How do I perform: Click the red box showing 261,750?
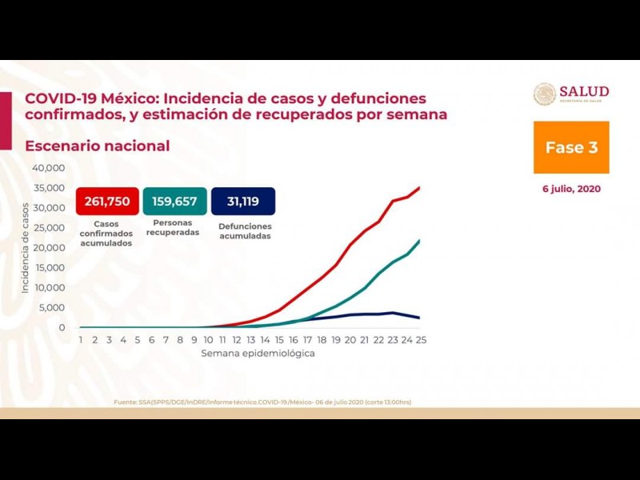point(106,201)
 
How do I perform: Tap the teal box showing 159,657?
point(174,201)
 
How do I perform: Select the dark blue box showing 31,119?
point(243,201)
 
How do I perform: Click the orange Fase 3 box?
point(571,147)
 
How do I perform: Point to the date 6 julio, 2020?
point(570,190)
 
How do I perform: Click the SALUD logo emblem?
point(545,94)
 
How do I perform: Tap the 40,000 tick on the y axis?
point(48,168)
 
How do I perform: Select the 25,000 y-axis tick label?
point(48,228)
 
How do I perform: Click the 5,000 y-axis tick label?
point(51,308)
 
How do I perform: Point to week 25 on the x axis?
point(420,340)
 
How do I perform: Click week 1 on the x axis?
point(81,340)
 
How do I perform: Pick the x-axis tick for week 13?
point(250,340)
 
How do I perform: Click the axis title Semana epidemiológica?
point(258,353)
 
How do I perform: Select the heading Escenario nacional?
point(98,146)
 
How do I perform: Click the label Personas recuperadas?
point(174,229)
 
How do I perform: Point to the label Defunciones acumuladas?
point(244,231)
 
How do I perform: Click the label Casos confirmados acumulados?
point(106,234)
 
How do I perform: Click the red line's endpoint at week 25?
point(420,187)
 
